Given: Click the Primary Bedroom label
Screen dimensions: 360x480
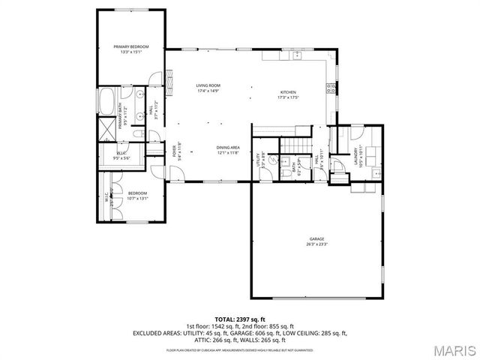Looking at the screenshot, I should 131,46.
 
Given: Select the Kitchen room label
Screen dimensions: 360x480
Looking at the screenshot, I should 289,93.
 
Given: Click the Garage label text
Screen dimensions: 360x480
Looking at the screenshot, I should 316,238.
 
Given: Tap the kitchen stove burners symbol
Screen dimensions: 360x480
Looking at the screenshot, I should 328,88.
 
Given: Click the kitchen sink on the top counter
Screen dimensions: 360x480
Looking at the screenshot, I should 287,55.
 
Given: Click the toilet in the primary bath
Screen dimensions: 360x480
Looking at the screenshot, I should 137,134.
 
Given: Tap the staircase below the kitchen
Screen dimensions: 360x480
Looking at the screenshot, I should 294,145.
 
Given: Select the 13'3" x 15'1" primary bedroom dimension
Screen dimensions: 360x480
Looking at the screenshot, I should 131,52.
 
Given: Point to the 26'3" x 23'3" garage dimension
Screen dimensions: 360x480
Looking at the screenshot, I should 316,244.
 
